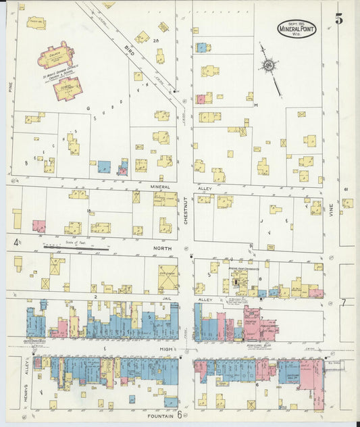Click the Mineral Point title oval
[296, 29]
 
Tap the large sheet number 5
[338, 19]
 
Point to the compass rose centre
[269, 66]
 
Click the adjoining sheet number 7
[343, 302]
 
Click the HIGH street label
[164, 349]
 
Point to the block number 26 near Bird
[155, 42]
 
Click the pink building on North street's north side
[39, 226]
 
